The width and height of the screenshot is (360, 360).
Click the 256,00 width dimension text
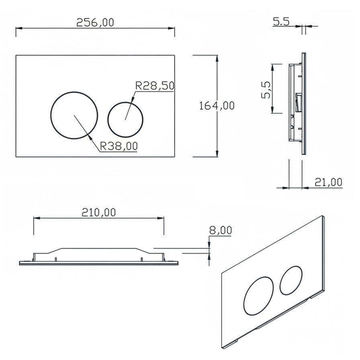click(95, 22)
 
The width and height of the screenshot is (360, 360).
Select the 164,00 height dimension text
click(217, 106)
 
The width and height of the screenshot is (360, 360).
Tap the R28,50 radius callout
click(154, 86)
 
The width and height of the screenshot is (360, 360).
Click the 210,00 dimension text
click(98, 212)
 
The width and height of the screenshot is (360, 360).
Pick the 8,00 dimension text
click(221, 230)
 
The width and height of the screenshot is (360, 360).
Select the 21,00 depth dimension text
click(328, 183)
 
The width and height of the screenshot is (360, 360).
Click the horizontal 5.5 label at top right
click(281, 22)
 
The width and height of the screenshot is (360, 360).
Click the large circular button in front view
click(74, 115)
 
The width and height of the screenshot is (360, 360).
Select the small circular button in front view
click(125, 119)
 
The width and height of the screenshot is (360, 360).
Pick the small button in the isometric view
click(292, 280)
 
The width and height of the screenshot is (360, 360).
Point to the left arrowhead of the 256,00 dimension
click(18, 28)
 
